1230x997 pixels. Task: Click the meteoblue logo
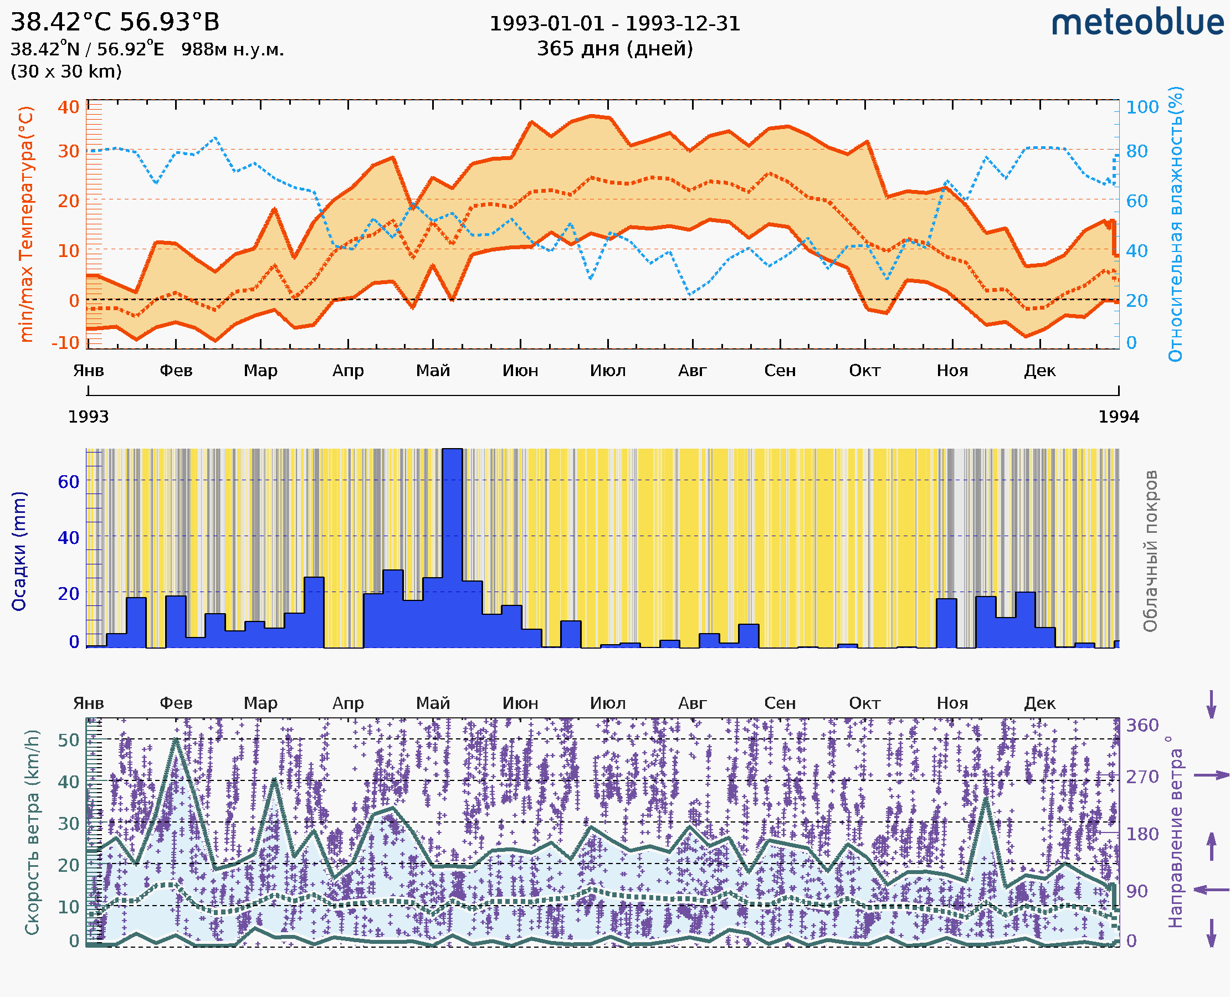pos(1137,23)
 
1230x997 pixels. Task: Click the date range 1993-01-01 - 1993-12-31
pos(614,24)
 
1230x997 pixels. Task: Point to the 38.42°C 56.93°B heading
pos(115,22)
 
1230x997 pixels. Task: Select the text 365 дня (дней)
pos(614,48)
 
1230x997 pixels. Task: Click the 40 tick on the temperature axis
pos(68,107)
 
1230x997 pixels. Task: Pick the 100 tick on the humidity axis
pos(1142,107)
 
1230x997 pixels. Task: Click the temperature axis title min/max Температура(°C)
pos(26,224)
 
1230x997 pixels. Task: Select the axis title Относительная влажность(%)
pos(1175,224)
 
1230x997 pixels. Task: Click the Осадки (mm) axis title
pos(19,551)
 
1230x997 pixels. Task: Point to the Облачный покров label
pos(1150,551)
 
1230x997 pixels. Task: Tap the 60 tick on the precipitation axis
pos(68,482)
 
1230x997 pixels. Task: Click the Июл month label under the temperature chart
pos(608,371)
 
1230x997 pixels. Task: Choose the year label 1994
pos(1119,417)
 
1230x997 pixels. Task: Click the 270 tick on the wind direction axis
pos(1142,777)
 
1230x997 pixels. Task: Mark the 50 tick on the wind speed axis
pos(68,741)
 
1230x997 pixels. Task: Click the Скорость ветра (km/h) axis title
pos(32,832)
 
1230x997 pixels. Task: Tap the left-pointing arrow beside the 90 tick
pos(1211,890)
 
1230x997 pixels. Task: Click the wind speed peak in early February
pos(176,741)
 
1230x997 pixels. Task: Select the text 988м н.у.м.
pos(233,50)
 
